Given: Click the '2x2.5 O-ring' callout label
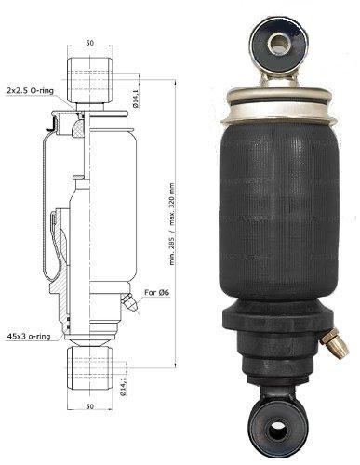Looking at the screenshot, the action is tap(31, 91).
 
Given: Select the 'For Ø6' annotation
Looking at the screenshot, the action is tap(157, 292).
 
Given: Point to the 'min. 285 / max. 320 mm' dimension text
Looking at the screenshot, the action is tap(172, 224).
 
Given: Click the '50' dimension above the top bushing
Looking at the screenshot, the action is tap(89, 43).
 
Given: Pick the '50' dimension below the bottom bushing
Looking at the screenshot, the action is tap(89, 406).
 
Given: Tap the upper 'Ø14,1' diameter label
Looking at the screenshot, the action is tap(135, 97).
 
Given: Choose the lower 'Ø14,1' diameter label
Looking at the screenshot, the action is tap(123, 385).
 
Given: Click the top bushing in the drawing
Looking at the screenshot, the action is tap(89, 80).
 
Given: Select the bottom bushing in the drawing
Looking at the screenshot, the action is tap(89, 369).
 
